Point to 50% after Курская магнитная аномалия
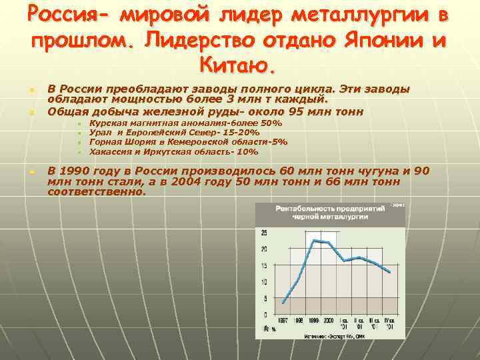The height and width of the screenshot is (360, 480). click(x=273, y=124)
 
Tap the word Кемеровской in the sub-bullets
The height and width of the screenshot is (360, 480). click(x=205, y=142)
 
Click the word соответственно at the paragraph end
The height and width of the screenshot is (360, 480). click(x=96, y=192)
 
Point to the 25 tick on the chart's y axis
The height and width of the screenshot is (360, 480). click(x=264, y=233)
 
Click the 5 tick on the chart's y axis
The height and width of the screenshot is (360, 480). click(x=265, y=298)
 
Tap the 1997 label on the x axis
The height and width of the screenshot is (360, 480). click(x=283, y=321)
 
